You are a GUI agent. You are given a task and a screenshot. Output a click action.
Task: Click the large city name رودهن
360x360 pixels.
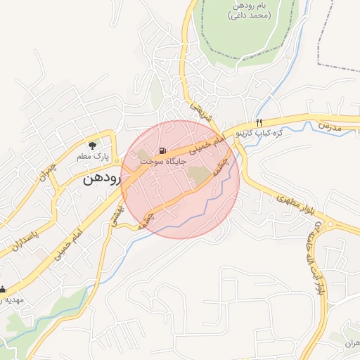(x=103, y=179)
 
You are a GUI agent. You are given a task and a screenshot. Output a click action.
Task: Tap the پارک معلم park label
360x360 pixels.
(x=92, y=157)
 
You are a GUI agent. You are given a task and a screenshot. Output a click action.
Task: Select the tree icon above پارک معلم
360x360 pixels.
(x=91, y=145)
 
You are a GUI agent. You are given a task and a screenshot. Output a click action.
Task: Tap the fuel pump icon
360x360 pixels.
(x=163, y=150)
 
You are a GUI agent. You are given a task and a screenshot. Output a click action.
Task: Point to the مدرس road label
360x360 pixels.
(x=329, y=124)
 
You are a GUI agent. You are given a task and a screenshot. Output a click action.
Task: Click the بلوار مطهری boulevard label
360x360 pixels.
(x=297, y=203)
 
